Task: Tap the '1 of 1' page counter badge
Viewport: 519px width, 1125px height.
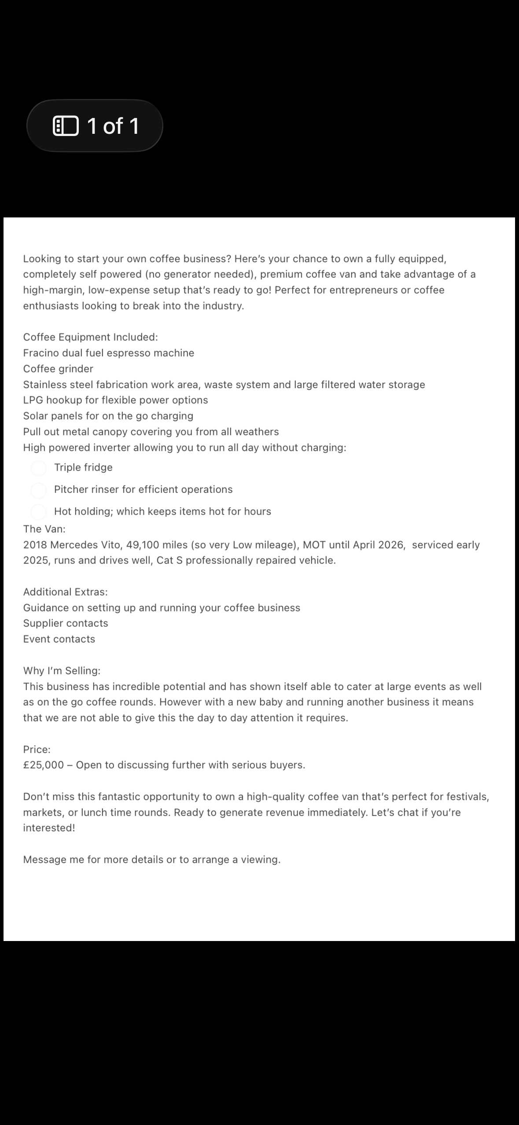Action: coord(95,126)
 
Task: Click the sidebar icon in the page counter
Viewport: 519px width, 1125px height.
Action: coord(66,126)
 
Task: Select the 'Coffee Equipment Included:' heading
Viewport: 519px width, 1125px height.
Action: coord(90,337)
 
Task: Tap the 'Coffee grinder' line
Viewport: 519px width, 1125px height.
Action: coord(58,369)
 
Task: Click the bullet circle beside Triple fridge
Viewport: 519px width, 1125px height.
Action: coord(39,468)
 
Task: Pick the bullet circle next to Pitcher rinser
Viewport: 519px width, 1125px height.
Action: coord(39,490)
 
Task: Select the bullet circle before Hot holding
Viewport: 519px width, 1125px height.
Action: coord(39,512)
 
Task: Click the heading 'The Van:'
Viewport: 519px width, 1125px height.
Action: coord(44,529)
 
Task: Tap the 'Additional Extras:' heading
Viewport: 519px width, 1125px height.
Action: coord(65,592)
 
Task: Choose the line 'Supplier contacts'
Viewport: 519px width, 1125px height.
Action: coord(66,623)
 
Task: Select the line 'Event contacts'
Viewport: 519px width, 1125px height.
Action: coord(59,639)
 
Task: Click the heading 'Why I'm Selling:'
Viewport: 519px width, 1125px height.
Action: coord(62,671)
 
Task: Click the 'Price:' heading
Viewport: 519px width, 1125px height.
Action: coord(37,749)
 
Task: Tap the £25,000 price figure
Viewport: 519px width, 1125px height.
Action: coord(44,765)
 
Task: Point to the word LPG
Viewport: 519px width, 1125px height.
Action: coord(33,400)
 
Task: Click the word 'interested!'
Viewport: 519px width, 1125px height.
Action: coord(49,828)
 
